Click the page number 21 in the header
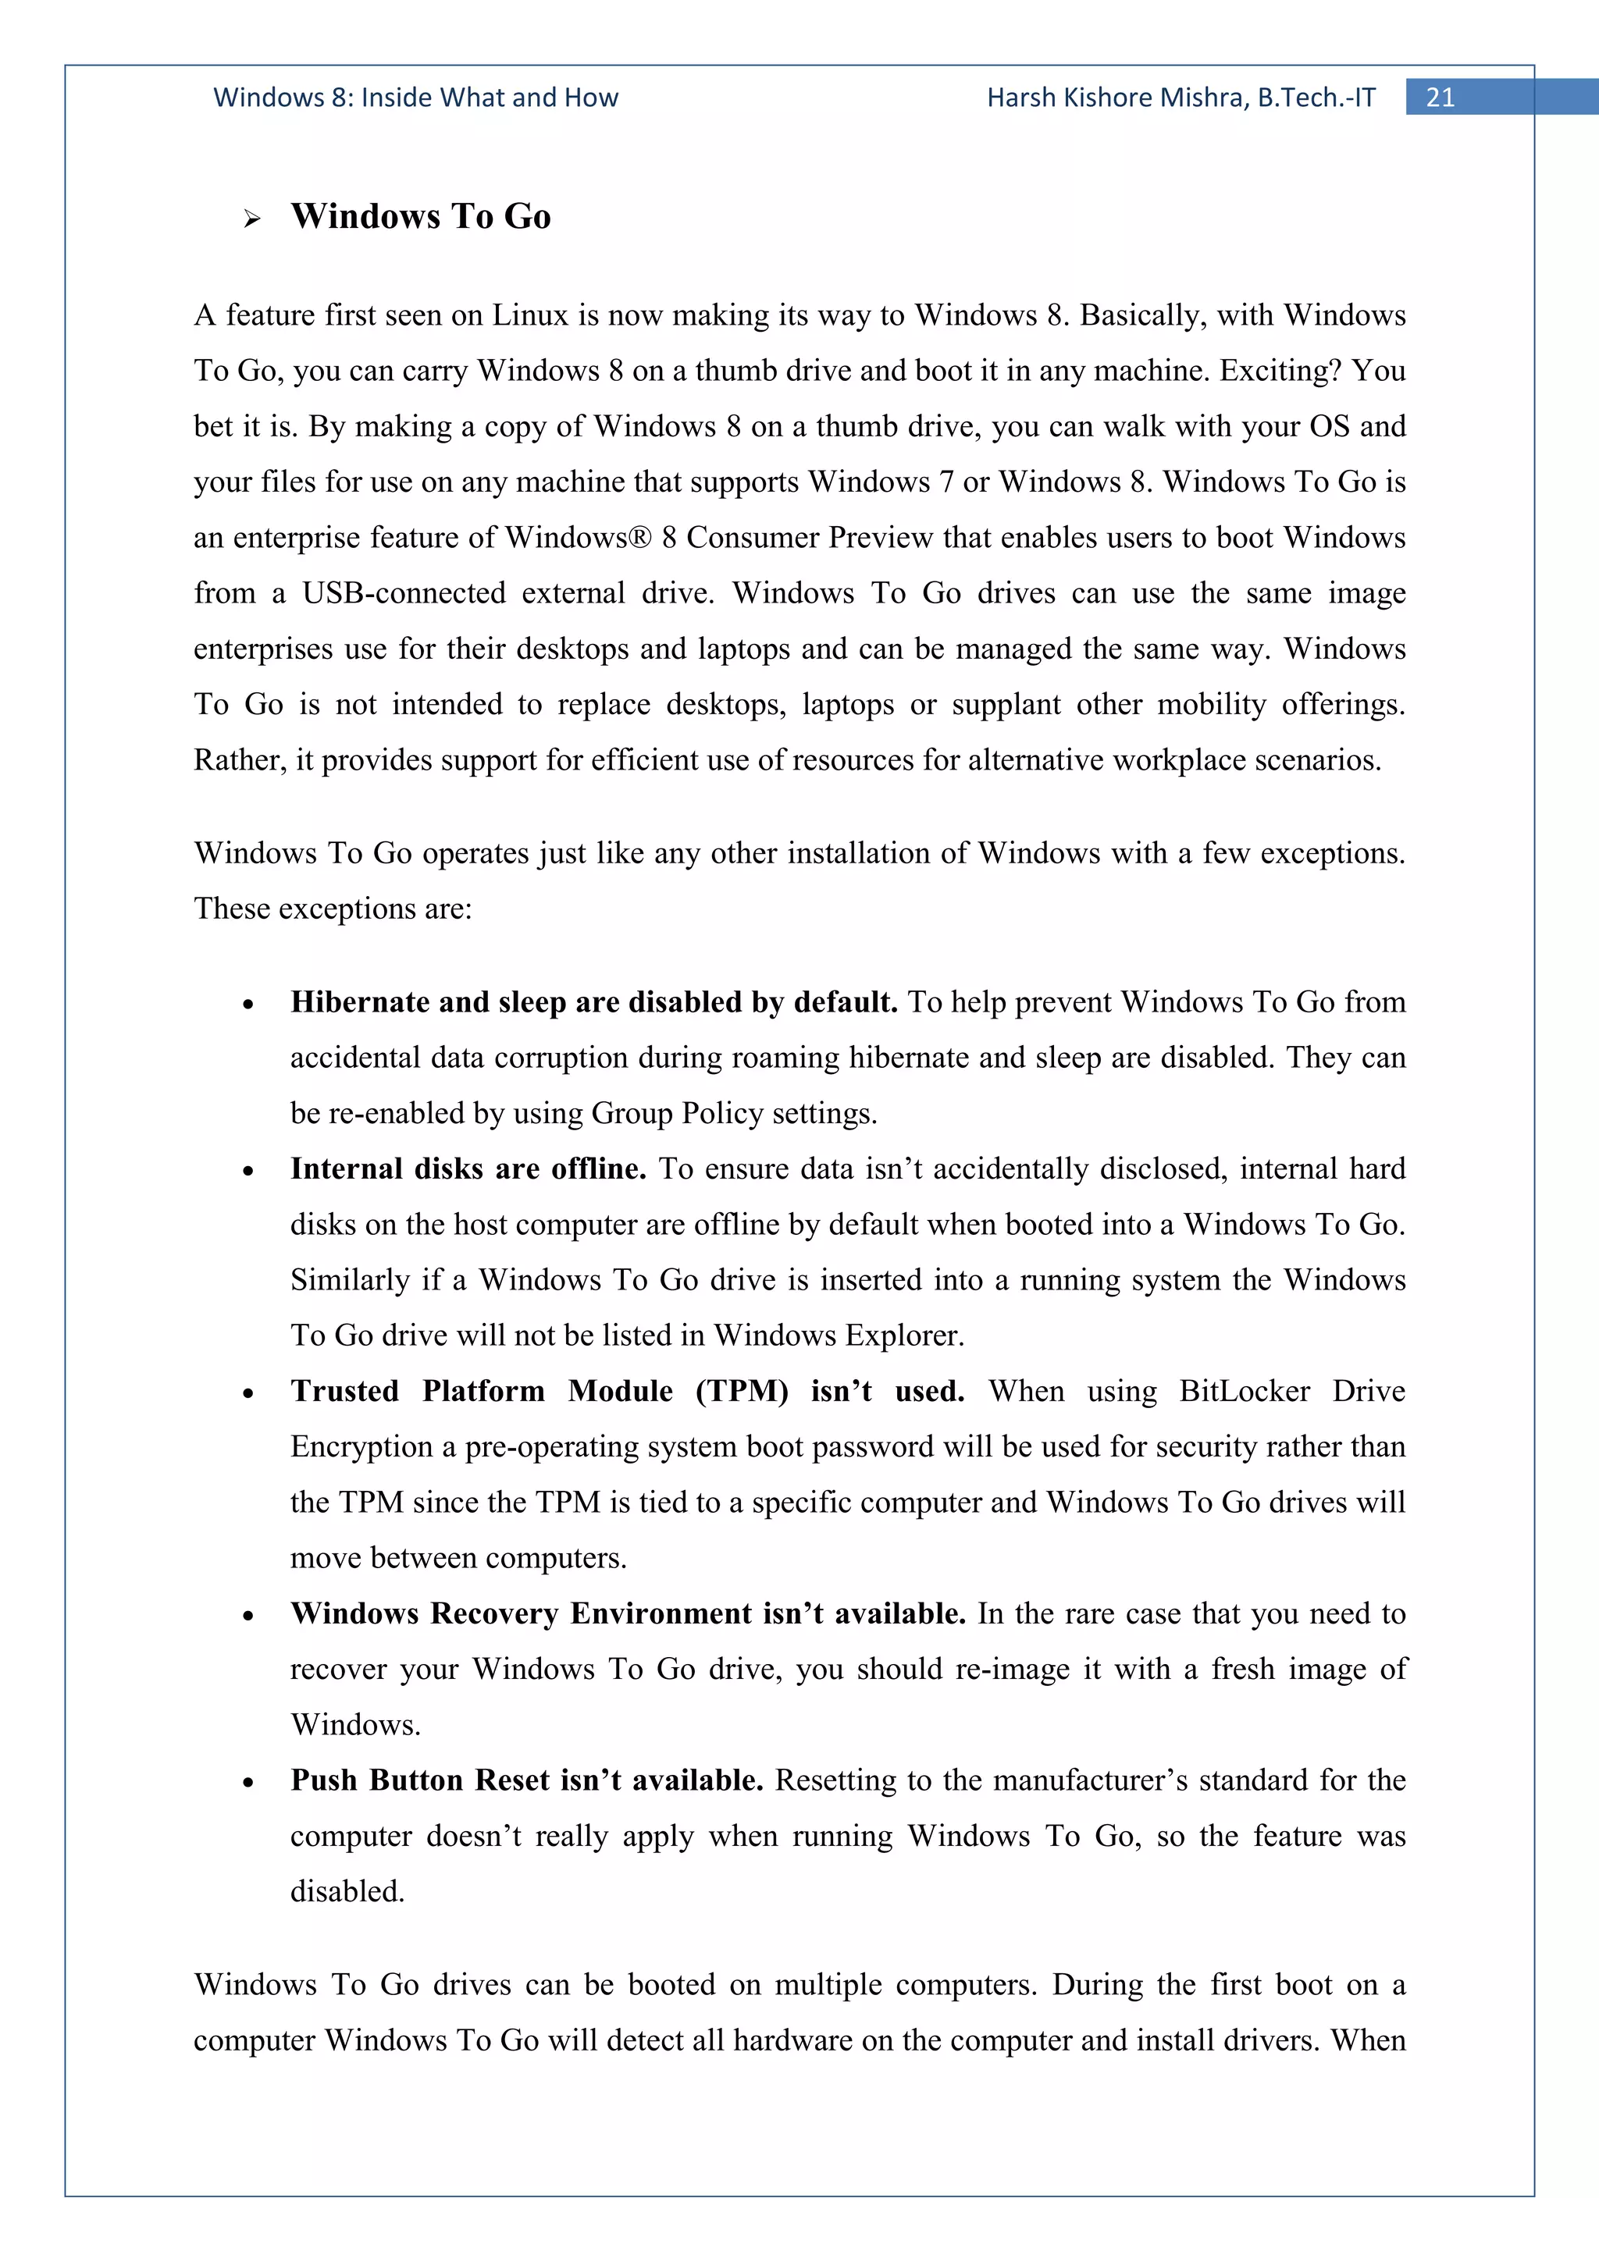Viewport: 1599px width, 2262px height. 1440,98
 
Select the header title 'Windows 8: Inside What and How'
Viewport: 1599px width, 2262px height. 416,98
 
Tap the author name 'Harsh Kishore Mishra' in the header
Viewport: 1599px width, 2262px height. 1117,98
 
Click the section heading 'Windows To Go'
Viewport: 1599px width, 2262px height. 421,217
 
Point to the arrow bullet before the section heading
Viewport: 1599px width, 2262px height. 252,219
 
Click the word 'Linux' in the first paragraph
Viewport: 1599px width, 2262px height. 530,315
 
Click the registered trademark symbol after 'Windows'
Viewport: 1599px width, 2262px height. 641,538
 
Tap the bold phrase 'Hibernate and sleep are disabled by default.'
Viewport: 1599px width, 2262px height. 594,1002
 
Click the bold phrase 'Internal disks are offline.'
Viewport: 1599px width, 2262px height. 468,1169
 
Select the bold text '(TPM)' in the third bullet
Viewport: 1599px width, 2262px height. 742,1391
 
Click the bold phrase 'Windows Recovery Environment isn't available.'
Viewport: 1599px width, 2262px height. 628,1613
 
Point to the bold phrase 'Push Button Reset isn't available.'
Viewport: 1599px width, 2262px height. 527,1780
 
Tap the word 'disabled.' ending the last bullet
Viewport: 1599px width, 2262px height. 347,1891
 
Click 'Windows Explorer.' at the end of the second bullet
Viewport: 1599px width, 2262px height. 839,1336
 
